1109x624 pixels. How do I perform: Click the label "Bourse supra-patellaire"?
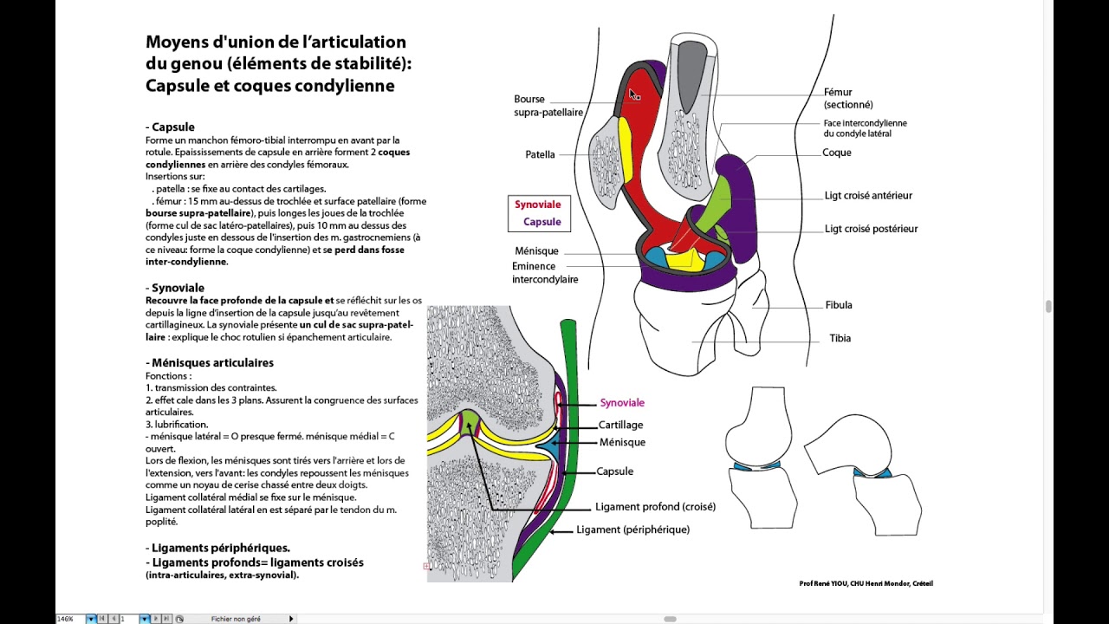click(x=548, y=106)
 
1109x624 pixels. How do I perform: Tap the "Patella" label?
click(x=540, y=155)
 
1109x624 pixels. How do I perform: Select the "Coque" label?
click(x=836, y=153)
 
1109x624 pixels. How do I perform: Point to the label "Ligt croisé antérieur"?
click(x=868, y=196)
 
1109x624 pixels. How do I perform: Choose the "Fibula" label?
click(x=839, y=305)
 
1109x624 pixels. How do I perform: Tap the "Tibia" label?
click(x=840, y=338)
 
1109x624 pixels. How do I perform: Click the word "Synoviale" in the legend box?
click(x=537, y=205)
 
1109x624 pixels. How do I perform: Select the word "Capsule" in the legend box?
click(x=542, y=222)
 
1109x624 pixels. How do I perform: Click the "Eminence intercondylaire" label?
click(x=545, y=273)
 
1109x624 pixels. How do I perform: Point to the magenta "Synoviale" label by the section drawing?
click(x=622, y=403)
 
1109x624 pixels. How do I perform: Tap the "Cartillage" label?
click(x=620, y=426)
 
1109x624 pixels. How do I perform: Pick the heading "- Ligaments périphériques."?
click(x=217, y=548)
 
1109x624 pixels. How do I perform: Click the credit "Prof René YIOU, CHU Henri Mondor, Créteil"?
click(x=866, y=584)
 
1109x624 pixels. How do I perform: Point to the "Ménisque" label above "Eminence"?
click(x=536, y=251)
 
